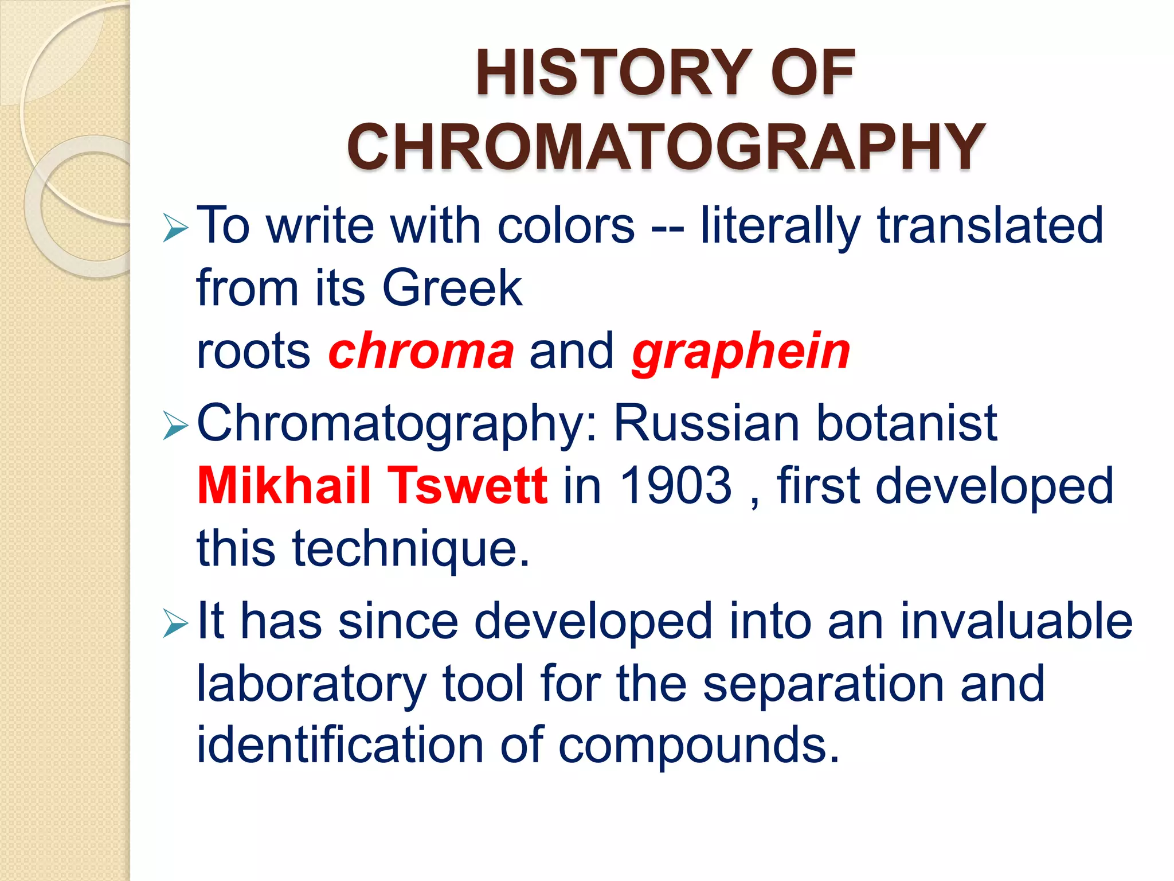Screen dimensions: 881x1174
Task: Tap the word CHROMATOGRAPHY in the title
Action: pyautogui.click(x=666, y=147)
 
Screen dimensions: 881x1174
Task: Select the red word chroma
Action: pyautogui.click(x=421, y=351)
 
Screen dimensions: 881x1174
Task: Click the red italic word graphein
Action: pyautogui.click(x=741, y=351)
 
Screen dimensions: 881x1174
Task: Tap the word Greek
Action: pyautogui.click(x=452, y=287)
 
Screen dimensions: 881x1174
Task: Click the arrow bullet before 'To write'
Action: pyautogui.click(x=175, y=228)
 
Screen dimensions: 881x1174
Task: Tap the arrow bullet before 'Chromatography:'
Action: pyautogui.click(x=175, y=426)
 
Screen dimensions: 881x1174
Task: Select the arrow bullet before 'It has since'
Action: pyautogui.click(x=175, y=623)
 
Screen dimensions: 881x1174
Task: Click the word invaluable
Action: pyautogui.click(x=1016, y=621)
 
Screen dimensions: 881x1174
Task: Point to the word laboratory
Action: pyautogui.click(x=311, y=684)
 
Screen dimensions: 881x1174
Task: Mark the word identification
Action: pyautogui.click(x=340, y=745)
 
